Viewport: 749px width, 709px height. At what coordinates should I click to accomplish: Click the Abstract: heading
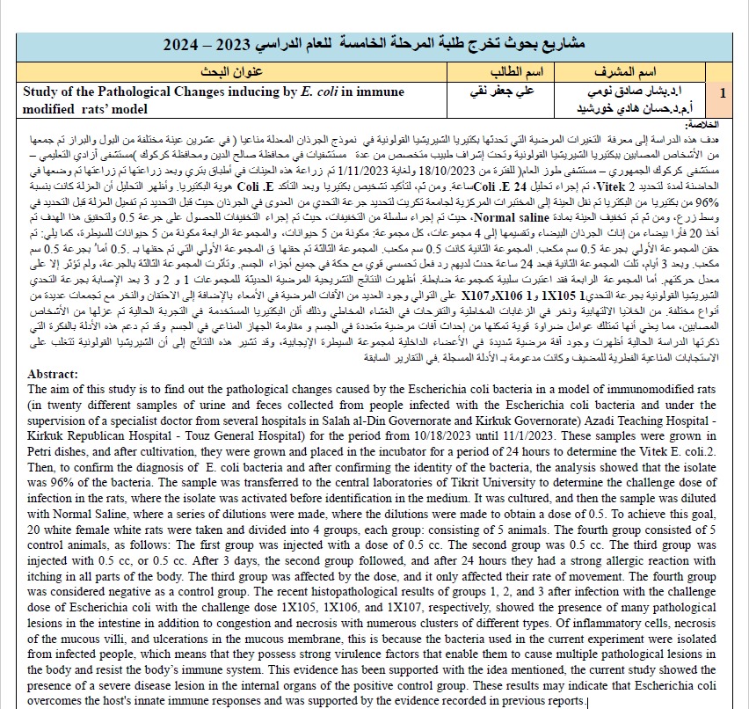pyautogui.click(x=55, y=373)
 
